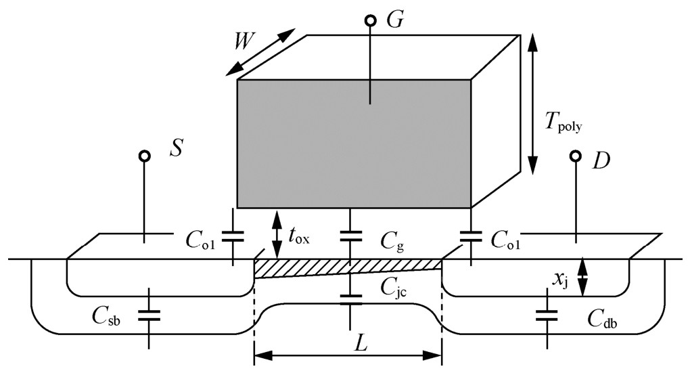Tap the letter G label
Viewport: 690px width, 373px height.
pos(395,20)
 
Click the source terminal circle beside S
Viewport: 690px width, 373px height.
pos(144,156)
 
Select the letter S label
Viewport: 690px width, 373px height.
pos(176,149)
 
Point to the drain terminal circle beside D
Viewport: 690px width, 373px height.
pos(575,156)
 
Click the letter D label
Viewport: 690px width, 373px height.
pos(601,161)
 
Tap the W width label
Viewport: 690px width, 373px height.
pos(244,42)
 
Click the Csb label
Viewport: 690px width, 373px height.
pos(106,316)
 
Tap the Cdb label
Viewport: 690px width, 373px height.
pos(603,320)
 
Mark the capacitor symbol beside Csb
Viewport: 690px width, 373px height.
pos(149,315)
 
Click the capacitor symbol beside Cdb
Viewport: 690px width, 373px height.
pos(547,315)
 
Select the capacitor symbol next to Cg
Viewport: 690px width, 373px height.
pos(350,236)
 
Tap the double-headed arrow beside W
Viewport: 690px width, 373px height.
pos(263,51)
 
